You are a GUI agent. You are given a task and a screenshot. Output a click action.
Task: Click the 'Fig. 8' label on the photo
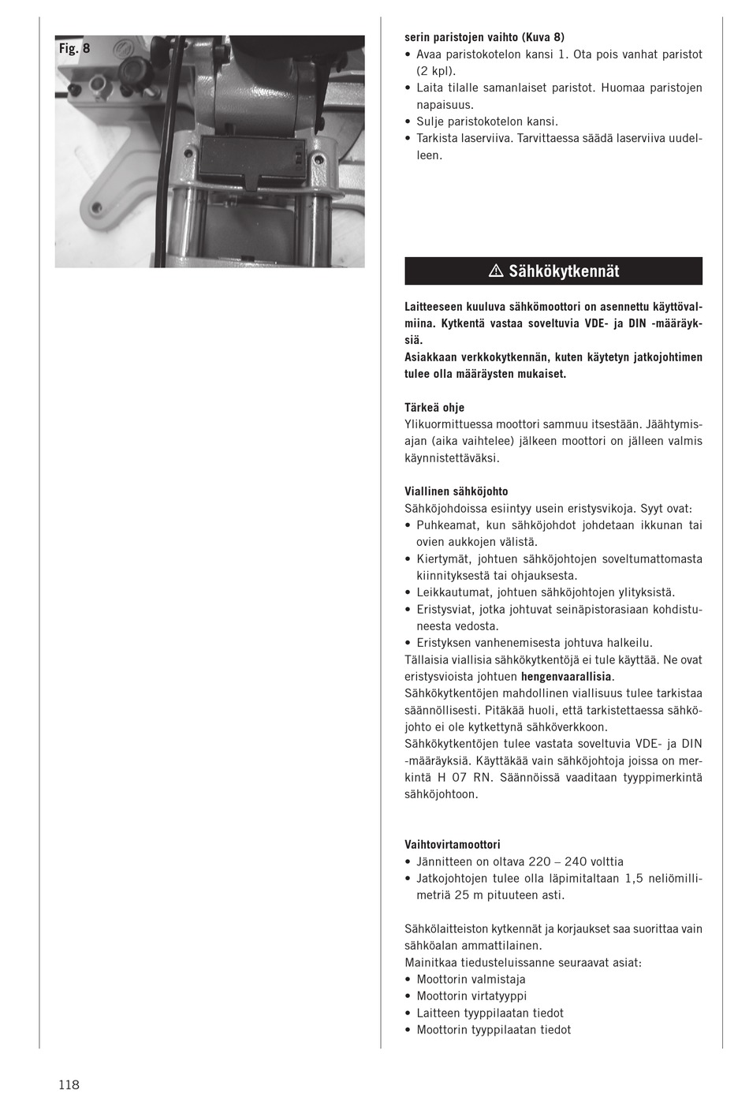coord(74,48)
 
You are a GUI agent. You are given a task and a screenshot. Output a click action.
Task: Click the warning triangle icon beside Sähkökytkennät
coord(496,271)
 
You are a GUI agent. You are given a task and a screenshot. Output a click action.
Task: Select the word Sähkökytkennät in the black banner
coord(564,271)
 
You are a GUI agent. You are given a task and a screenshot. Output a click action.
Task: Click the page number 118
coord(69,1085)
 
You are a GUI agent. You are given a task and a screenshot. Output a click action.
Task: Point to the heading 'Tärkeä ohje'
coord(434,408)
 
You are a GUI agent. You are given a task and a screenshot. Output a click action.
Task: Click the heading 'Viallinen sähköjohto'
coord(456,491)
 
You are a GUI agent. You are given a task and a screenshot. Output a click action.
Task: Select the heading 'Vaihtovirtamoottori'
coord(452,845)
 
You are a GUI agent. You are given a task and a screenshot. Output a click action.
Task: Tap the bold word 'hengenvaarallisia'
coord(565,677)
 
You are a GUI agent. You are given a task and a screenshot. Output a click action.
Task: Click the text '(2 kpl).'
coord(436,71)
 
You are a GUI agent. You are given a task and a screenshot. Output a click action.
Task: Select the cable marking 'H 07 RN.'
coord(464,778)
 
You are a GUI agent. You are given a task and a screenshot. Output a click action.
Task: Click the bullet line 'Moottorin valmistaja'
coord(471,980)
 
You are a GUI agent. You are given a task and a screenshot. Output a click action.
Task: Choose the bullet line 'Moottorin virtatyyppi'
coord(471,996)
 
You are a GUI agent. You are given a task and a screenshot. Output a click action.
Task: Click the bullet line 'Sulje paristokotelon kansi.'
coord(486,121)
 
